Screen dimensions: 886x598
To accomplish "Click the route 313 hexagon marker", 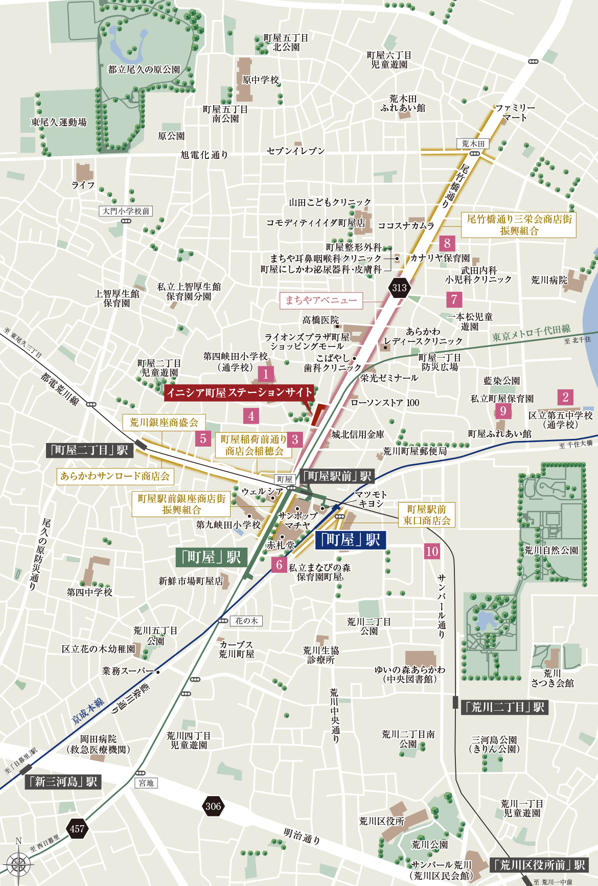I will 399,288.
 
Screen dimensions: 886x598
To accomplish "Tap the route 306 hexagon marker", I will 213,806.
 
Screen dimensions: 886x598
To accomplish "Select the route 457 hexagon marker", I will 77,829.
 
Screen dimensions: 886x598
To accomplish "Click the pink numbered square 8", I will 447,243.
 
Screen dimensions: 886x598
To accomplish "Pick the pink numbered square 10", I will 432,551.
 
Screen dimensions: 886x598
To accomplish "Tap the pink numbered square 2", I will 565,397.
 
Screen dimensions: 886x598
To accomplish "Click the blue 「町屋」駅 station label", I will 351,540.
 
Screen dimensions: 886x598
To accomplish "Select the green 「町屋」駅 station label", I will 212,557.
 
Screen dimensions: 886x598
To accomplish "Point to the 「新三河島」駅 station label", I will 63,782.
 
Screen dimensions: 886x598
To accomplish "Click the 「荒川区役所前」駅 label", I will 539,865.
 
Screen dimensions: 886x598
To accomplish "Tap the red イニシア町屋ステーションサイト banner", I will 239,392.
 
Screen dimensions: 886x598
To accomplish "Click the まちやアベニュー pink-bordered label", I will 321,300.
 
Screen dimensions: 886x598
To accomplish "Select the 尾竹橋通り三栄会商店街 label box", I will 519,225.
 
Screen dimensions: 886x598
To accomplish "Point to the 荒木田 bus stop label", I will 473,144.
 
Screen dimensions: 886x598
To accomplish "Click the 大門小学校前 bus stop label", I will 126,211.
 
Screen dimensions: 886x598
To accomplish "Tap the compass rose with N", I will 18,864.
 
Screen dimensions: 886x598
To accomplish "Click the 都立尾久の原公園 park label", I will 144,69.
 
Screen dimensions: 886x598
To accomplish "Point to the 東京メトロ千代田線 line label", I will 531,333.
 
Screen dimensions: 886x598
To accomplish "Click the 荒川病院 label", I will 549,280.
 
